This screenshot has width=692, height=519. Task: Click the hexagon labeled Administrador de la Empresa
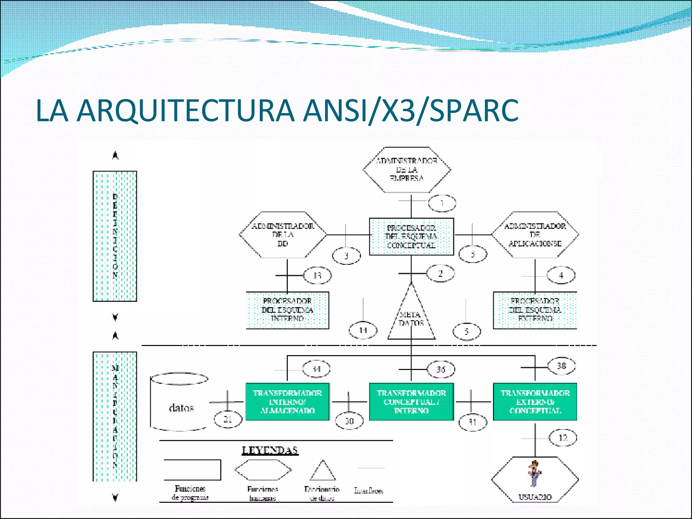406,170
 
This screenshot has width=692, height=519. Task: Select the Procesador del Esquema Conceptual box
411,237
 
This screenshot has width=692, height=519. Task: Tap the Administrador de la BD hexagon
283,235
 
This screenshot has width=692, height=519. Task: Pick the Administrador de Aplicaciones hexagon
535,235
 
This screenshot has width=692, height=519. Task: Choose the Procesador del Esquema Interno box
287,310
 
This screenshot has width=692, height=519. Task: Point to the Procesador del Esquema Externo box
535,310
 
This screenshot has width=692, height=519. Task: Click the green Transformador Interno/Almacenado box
287,402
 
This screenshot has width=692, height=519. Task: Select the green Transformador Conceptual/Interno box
411,402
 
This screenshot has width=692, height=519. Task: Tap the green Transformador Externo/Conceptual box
535,402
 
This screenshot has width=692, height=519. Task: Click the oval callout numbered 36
441,369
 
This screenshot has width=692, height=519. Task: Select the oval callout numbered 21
228,419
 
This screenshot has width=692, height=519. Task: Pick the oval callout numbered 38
561,366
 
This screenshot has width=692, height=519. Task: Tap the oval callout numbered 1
442,203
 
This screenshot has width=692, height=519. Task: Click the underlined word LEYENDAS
270,450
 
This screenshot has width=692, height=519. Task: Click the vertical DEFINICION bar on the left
115,236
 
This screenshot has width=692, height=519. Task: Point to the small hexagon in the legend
263,470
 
